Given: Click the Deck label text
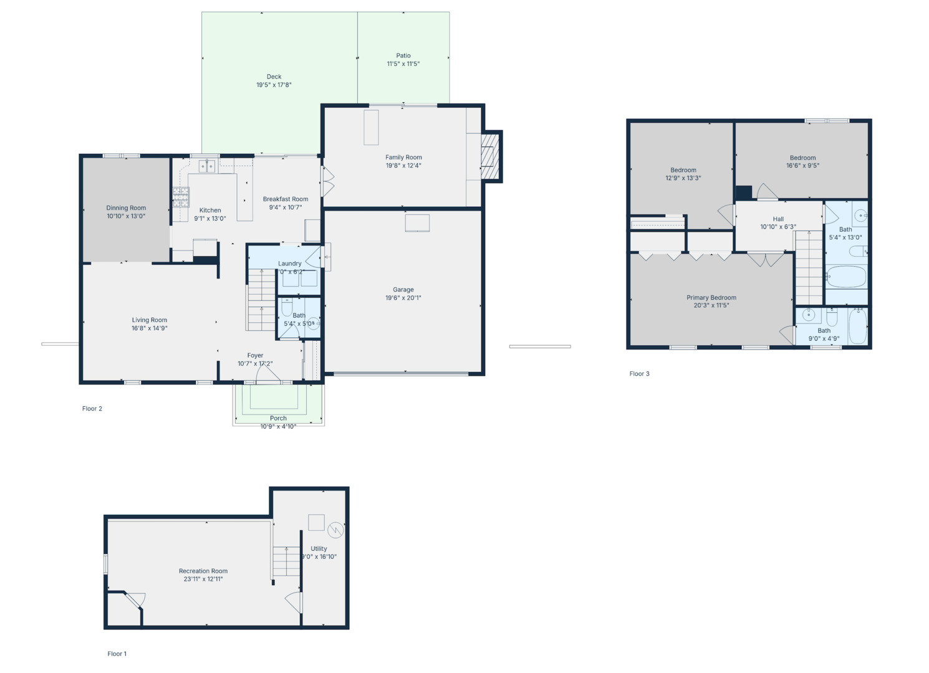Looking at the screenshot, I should point(274,77).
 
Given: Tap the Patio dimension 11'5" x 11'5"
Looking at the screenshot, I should point(403,64).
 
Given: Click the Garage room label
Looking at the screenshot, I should point(403,290).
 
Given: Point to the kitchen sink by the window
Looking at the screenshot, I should point(207,165).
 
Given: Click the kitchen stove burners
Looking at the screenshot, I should point(181,197).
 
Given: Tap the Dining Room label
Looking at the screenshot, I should point(126,208).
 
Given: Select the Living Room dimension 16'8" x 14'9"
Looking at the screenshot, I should point(150,328).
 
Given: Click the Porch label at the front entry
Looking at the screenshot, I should point(278,418).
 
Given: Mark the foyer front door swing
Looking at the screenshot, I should point(267,374).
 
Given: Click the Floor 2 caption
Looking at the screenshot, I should point(92,409).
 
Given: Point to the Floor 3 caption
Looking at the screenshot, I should point(639,374).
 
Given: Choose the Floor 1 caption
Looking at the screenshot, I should point(117,654).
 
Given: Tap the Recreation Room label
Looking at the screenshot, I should point(203,571).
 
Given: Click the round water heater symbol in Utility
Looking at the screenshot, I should point(335,530).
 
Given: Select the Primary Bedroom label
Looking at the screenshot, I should point(711,298).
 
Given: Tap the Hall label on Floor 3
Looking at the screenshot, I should point(778,219).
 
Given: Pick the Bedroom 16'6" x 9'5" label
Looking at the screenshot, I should point(802,158).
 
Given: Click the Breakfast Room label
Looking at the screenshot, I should point(286,199).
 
